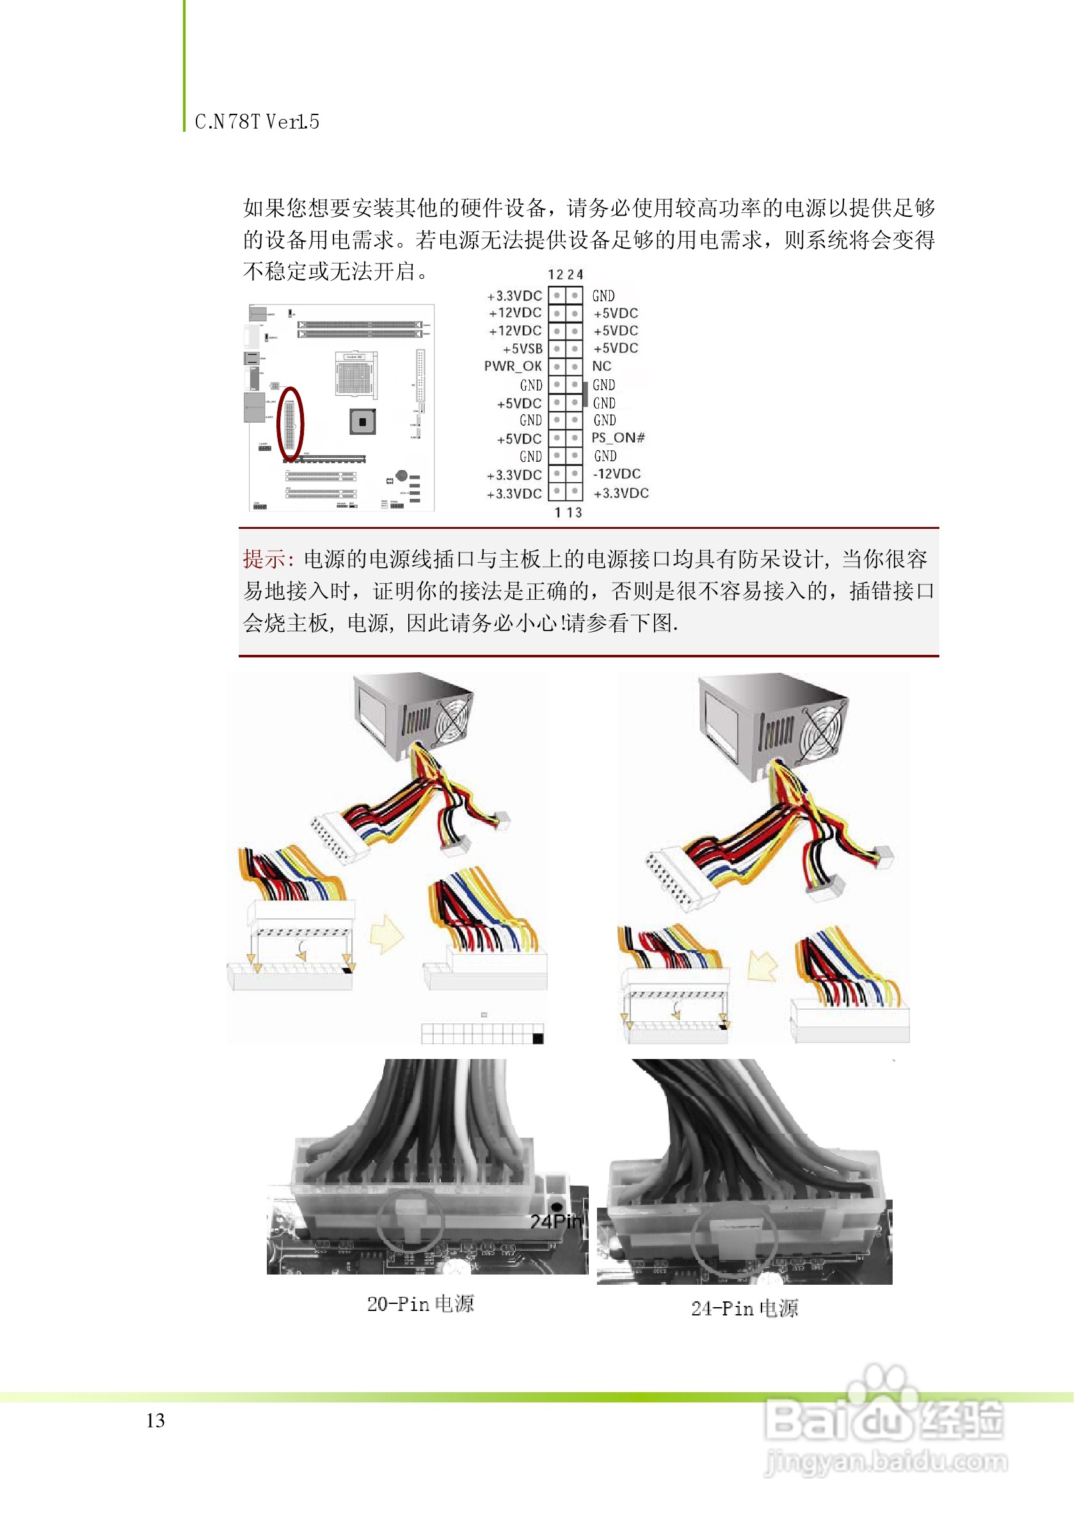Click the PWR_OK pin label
[x=513, y=366]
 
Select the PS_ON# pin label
[x=618, y=438]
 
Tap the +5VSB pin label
[x=522, y=349]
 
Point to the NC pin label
[x=601, y=366]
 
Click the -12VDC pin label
[x=617, y=474]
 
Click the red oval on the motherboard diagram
[x=290, y=424]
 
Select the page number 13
[x=155, y=1420]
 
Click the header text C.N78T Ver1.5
[x=257, y=122]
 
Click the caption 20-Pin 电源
[x=420, y=1304]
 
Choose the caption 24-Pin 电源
[x=745, y=1308]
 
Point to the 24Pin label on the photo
[x=556, y=1221]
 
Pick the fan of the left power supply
[x=452, y=719]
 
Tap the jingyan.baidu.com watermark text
[x=886, y=1462]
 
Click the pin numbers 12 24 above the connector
[x=565, y=274]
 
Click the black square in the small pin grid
[x=538, y=1039]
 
